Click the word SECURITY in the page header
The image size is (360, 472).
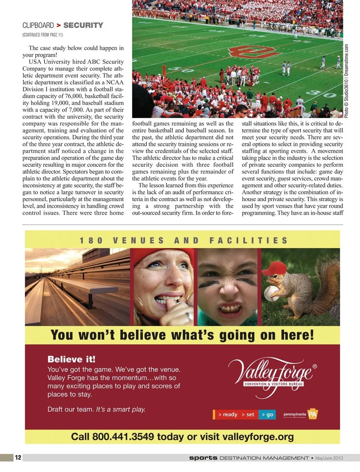point(83,25)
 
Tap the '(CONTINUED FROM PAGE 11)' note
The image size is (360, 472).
point(43,35)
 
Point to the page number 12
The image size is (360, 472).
point(18,457)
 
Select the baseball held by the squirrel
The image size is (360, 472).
point(271,293)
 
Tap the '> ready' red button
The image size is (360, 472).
point(228,414)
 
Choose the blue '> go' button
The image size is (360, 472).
point(267,414)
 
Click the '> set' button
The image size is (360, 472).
point(248,414)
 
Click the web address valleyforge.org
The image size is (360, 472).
point(258,437)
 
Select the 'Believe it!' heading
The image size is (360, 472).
point(71,359)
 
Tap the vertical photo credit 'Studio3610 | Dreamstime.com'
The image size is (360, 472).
point(346,81)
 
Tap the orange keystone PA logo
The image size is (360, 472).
point(312,414)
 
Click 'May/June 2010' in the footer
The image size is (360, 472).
point(329,458)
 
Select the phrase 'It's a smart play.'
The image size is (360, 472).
point(121,409)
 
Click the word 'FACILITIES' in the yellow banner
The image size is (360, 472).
point(248,240)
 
